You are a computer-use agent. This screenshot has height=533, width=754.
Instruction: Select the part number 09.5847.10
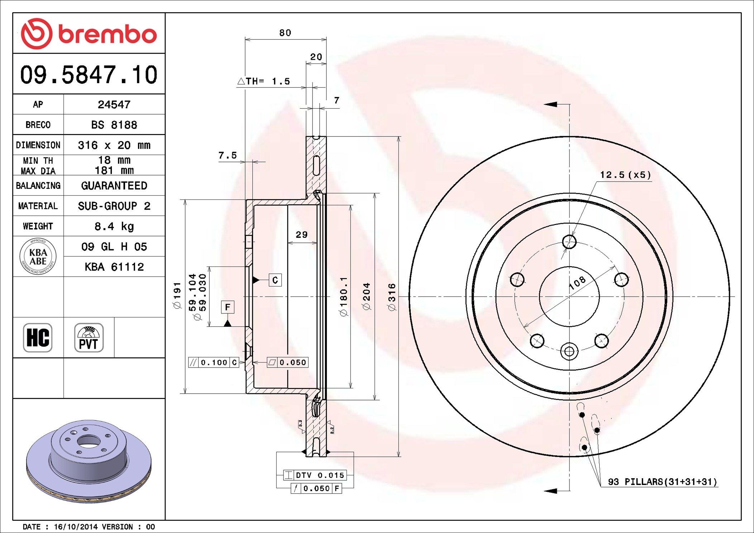click(89, 75)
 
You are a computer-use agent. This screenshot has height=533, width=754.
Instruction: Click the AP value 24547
click(114, 105)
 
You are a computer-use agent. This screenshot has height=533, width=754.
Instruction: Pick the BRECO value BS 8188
click(114, 125)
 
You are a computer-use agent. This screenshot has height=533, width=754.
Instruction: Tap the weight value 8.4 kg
click(114, 226)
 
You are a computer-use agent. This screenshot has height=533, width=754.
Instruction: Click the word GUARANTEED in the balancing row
click(114, 186)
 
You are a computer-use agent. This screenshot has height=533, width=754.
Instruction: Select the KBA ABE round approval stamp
click(38, 256)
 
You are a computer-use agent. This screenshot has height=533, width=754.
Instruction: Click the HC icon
click(38, 338)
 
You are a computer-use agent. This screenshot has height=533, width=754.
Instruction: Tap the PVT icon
click(89, 338)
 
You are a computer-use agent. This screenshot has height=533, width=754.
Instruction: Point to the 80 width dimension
click(285, 33)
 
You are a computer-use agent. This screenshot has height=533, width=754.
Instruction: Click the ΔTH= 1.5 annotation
click(264, 81)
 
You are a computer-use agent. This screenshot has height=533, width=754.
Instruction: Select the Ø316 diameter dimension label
click(392, 297)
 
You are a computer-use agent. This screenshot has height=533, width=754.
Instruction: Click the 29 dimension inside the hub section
click(301, 235)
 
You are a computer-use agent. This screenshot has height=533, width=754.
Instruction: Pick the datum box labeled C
click(275, 280)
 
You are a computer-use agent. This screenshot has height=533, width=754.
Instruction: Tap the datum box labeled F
click(228, 307)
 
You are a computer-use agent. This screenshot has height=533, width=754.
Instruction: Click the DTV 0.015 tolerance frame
click(315, 475)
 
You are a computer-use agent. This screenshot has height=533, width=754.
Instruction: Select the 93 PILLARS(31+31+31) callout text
click(662, 482)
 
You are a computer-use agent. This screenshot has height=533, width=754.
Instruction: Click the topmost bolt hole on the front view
click(569, 242)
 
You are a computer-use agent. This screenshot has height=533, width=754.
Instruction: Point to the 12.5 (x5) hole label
click(625, 175)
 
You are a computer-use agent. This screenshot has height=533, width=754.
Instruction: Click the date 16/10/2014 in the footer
click(76, 527)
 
